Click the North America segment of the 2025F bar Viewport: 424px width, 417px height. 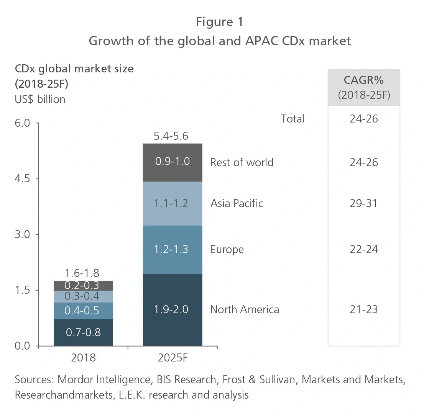pos(172,309)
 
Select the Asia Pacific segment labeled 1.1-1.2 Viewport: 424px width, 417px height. pos(172,203)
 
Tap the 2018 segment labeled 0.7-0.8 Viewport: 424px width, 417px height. pos(83,332)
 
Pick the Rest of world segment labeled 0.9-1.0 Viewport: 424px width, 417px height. pos(172,162)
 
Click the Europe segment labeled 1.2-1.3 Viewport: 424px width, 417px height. pos(172,249)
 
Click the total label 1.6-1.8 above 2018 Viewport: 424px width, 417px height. pos(82,273)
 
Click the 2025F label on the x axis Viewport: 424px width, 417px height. pos(173,358)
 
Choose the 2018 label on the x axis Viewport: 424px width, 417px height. pos(83,358)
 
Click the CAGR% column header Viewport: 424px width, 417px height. pos(364,81)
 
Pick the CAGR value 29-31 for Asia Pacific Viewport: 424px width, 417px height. pos(363,203)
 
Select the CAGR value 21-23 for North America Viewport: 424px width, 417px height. pos(363,309)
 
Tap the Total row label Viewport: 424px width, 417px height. pos(292,119)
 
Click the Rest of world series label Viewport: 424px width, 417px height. pos(242,162)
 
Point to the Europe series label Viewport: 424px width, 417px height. pos(227,250)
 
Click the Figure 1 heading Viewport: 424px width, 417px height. pos(219,22)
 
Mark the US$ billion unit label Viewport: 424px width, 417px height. pos(40,99)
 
